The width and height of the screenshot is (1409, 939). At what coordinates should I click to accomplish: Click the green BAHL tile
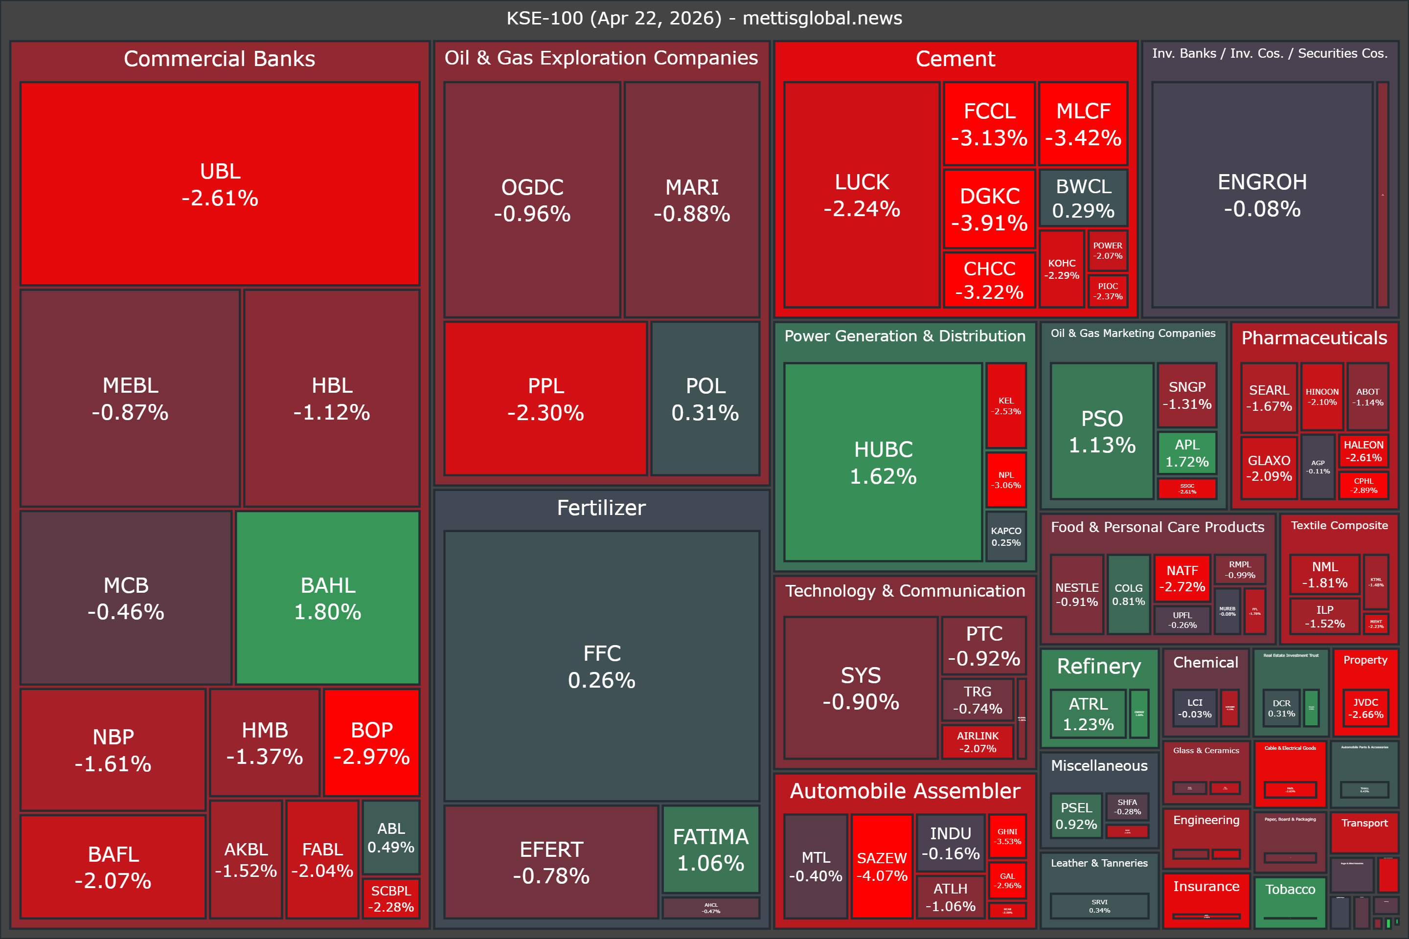(x=328, y=597)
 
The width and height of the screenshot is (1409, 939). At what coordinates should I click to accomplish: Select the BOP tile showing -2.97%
(x=371, y=742)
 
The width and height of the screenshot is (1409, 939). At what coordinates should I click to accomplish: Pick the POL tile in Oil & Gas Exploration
(x=705, y=399)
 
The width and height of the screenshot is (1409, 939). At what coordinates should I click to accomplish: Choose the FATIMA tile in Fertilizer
(x=710, y=849)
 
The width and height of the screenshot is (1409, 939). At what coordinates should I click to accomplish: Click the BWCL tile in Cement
(x=1083, y=198)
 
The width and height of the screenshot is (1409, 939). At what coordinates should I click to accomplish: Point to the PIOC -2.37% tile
(x=1108, y=291)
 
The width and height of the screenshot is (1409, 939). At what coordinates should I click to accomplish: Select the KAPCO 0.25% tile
(x=1006, y=536)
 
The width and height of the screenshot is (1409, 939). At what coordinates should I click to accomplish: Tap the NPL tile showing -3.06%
(x=1006, y=480)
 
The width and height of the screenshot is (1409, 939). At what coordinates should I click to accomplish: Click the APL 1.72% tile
(x=1187, y=453)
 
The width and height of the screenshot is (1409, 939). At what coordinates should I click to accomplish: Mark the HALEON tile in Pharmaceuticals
(x=1364, y=451)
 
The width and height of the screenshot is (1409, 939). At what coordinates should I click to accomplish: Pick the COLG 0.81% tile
(x=1129, y=594)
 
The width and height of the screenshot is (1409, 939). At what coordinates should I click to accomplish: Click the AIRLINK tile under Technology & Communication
(x=977, y=741)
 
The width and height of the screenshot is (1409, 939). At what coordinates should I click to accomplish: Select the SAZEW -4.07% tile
(x=882, y=866)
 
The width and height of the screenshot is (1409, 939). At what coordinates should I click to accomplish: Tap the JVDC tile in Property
(x=1365, y=708)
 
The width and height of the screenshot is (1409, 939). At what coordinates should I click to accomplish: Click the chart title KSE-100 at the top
(x=704, y=18)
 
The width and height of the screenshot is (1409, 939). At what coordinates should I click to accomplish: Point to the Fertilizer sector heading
(x=601, y=508)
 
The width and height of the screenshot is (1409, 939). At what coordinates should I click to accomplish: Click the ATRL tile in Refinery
(x=1088, y=714)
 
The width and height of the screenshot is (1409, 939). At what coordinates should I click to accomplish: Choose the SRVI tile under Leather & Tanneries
(x=1099, y=905)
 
